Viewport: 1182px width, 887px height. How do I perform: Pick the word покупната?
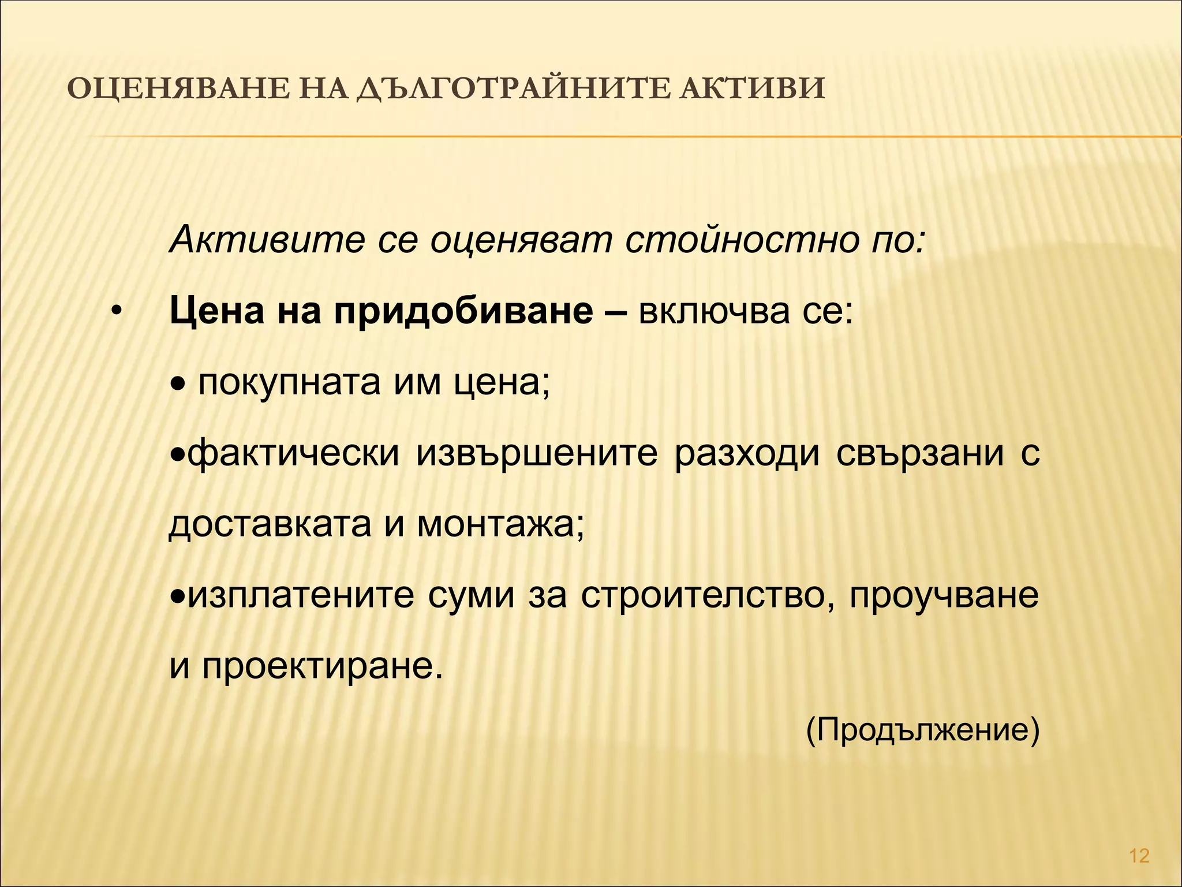point(289,383)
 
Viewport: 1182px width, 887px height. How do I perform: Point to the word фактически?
point(293,454)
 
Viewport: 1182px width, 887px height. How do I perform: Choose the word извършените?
point(537,454)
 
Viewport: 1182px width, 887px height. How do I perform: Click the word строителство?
point(706,596)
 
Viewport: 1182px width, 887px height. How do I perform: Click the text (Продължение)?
point(922,731)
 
